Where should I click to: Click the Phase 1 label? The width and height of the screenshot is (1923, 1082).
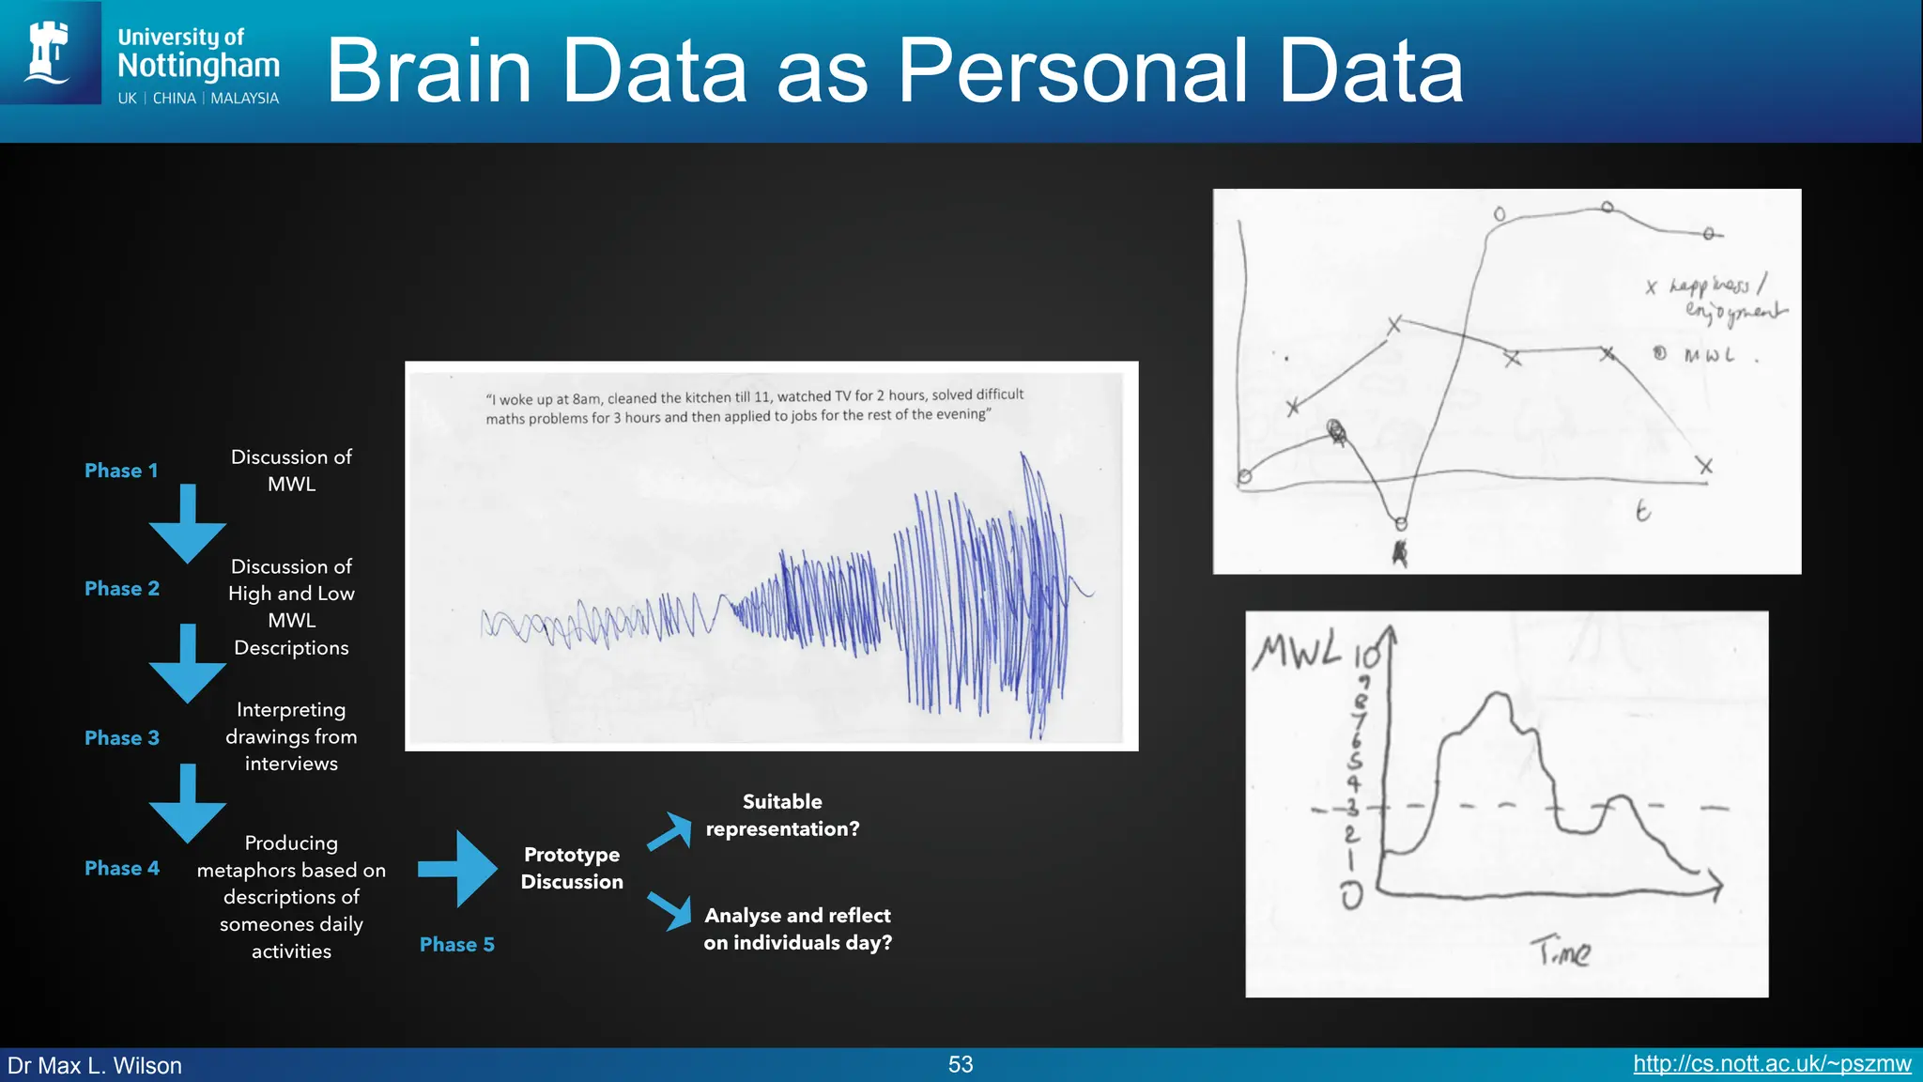click(x=121, y=471)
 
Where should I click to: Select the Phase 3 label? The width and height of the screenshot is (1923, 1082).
click(x=122, y=738)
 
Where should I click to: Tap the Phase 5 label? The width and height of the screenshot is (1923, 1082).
click(x=456, y=945)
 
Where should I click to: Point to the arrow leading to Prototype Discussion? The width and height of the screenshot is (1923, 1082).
click(x=459, y=868)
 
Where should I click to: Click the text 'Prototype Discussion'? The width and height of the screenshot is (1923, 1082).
click(x=572, y=868)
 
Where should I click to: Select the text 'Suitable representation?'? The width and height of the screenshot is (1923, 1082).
click(x=782, y=815)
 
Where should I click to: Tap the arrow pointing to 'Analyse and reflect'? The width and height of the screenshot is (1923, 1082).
click(x=671, y=910)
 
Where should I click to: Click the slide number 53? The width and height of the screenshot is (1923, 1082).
click(x=961, y=1064)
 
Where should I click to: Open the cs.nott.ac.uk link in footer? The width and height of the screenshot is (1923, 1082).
click(x=1772, y=1064)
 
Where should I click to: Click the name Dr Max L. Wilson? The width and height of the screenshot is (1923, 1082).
click(x=95, y=1065)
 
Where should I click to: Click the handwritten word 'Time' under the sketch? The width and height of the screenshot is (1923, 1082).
click(x=1561, y=951)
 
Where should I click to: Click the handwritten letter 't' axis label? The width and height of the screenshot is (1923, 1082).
click(x=1642, y=511)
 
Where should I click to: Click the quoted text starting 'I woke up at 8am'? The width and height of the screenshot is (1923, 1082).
click(x=754, y=406)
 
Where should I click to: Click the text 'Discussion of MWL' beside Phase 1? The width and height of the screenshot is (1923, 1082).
click(x=291, y=471)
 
